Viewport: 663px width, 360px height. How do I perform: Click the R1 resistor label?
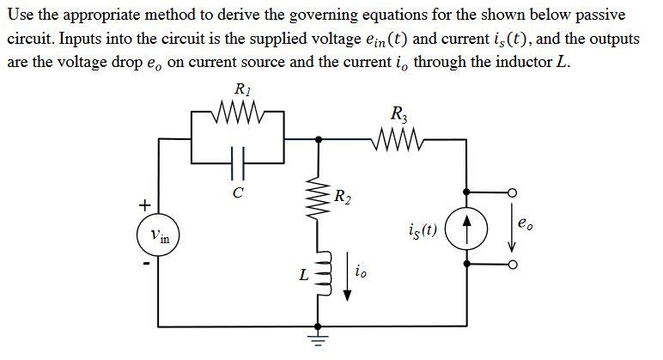[241, 88]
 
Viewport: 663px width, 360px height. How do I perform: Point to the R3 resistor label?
[399, 113]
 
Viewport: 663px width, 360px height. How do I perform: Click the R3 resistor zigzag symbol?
[398, 138]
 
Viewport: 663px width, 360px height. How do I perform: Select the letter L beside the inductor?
[303, 276]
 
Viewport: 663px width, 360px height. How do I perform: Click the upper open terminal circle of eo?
[514, 193]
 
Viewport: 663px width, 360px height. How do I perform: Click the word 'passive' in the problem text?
[601, 16]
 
